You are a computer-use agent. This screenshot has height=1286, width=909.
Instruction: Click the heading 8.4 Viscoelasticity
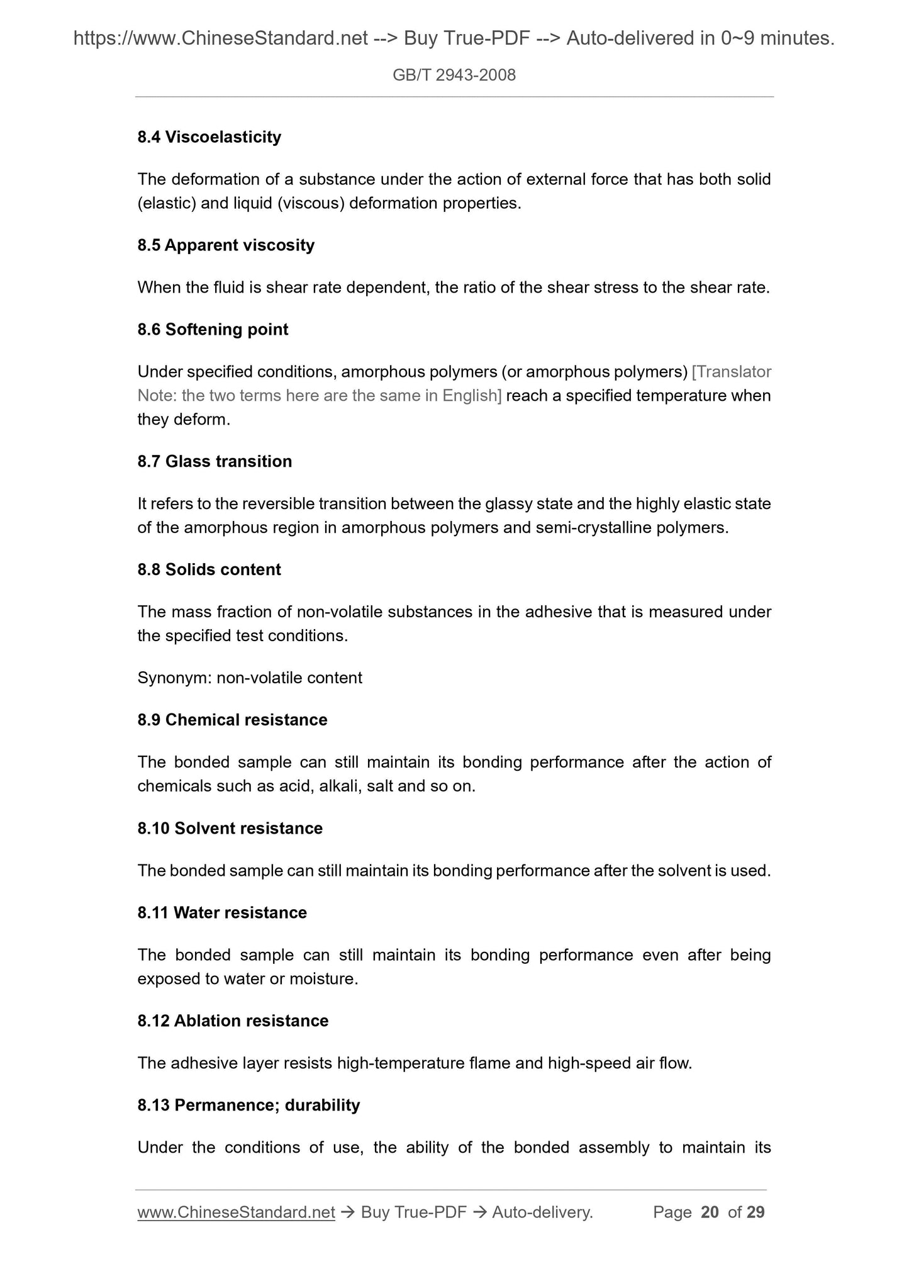(x=209, y=137)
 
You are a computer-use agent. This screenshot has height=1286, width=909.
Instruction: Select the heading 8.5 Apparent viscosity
(x=226, y=245)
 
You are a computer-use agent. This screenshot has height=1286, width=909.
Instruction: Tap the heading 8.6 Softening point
(x=213, y=330)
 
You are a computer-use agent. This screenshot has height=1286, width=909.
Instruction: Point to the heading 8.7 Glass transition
(x=215, y=462)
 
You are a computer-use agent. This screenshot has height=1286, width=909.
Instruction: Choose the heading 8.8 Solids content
(x=209, y=570)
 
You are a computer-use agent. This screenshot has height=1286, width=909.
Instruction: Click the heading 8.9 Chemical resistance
(x=232, y=720)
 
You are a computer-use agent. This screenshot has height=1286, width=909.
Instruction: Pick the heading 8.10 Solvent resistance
(x=230, y=829)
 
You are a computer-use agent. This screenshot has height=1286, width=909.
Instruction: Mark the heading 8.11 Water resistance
(x=222, y=913)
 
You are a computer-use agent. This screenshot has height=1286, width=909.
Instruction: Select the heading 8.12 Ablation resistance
(x=233, y=1021)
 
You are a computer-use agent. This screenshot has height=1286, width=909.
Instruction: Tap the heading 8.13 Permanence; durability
(x=248, y=1105)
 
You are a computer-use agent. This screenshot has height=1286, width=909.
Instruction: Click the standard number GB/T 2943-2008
(x=454, y=75)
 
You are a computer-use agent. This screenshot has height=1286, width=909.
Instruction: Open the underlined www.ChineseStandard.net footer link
(x=236, y=1212)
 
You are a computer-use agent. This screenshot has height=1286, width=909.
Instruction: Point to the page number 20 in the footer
(x=710, y=1212)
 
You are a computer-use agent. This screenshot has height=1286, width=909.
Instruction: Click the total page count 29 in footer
(x=756, y=1212)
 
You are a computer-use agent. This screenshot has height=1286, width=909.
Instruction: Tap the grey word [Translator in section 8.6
(x=731, y=372)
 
